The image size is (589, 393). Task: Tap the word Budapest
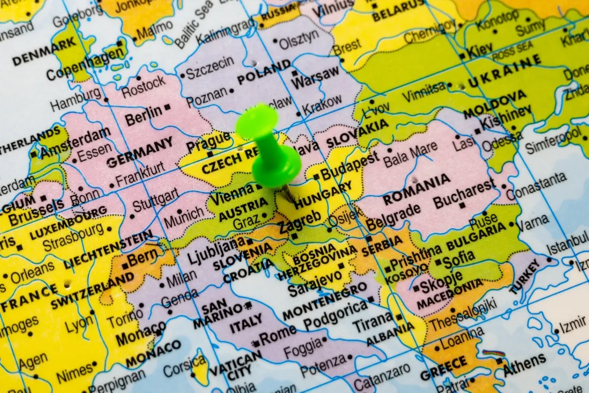(x=350, y=166)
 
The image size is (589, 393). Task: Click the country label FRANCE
(x=29, y=298)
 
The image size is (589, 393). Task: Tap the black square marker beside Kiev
(x=462, y=57)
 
